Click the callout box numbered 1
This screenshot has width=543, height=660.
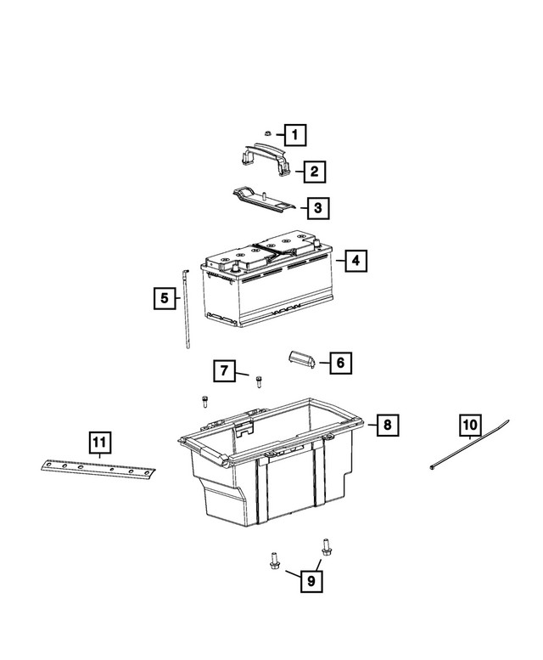click(294, 134)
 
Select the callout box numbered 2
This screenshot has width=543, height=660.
click(313, 172)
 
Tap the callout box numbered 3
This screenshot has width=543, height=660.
click(317, 207)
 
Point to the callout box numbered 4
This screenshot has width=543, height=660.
click(355, 262)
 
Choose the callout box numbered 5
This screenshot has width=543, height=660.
click(165, 298)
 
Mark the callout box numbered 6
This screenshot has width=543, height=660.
click(339, 363)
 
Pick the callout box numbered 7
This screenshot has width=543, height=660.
click(224, 371)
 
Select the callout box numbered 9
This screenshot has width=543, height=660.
click(311, 581)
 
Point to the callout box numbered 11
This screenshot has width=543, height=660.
click(99, 441)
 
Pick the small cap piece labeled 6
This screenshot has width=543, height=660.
click(301, 359)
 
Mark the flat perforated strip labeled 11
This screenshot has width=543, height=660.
click(98, 466)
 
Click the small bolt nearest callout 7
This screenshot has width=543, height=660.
click(259, 381)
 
